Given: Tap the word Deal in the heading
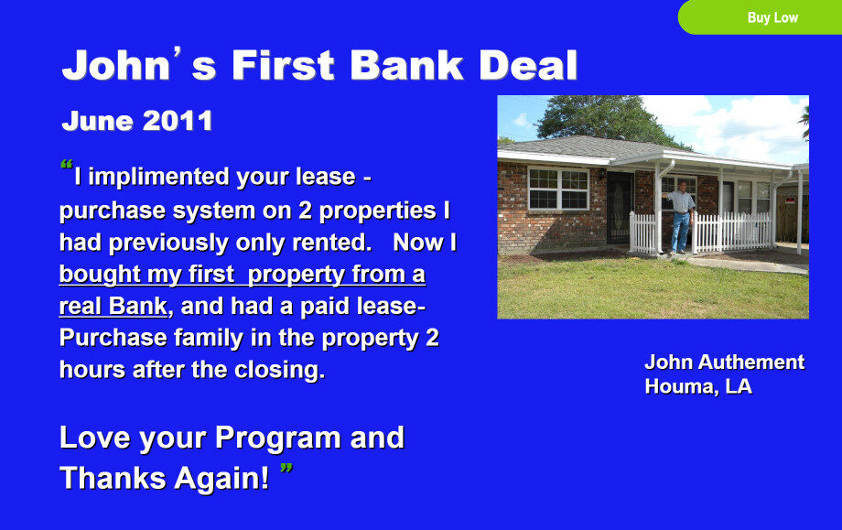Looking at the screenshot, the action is (x=528, y=66).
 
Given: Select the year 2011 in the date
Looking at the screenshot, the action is (x=178, y=121).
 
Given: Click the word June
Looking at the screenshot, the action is (x=98, y=121).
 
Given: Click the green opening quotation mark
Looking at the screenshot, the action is (x=66, y=165).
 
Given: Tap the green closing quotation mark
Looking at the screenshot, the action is (x=286, y=469).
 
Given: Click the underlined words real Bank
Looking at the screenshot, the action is (x=113, y=307).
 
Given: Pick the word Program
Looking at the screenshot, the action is (x=277, y=438).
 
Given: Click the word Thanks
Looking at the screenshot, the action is (x=113, y=478).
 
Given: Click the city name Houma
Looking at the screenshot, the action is (x=680, y=386).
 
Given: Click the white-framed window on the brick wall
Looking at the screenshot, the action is (x=558, y=188).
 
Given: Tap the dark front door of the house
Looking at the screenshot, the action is (x=620, y=208).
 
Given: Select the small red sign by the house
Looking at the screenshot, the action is (x=790, y=200).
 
